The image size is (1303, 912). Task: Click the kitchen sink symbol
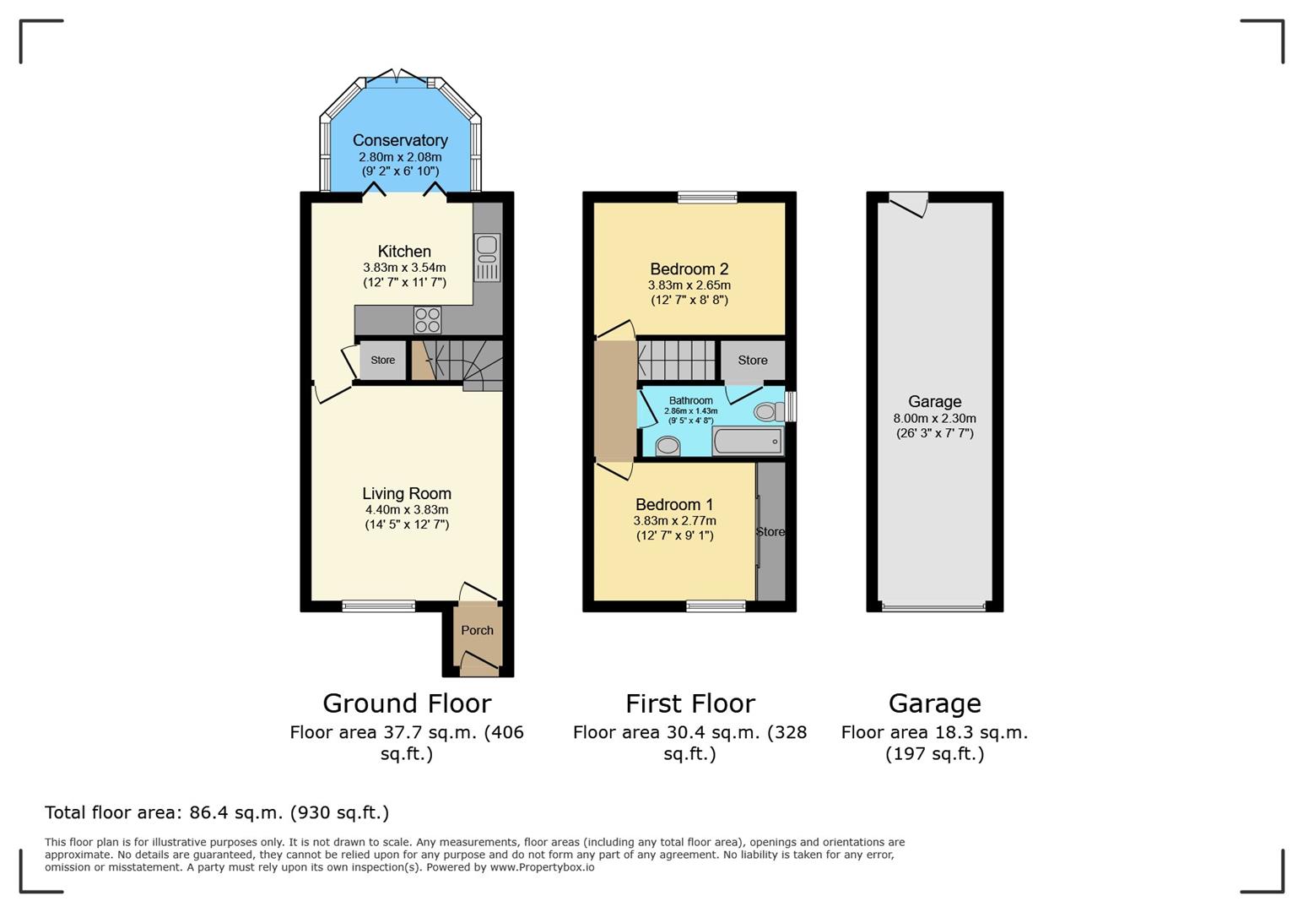click(487, 258)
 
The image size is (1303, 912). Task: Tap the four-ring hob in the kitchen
click(428, 320)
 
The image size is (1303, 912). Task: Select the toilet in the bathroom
click(770, 412)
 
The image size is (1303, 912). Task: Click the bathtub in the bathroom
click(748, 442)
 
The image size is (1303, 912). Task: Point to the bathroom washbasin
click(668, 447)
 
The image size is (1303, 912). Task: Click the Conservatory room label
click(400, 140)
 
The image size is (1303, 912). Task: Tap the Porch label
click(477, 630)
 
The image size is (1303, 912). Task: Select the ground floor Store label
click(383, 361)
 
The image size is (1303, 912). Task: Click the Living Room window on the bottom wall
click(379, 605)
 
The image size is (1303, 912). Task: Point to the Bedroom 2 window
click(708, 198)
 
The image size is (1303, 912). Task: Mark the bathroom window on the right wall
click(791, 406)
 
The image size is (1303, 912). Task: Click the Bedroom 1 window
click(716, 605)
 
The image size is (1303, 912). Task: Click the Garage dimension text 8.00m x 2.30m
click(935, 419)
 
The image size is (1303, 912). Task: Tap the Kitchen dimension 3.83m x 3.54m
click(404, 268)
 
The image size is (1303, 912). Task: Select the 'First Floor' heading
click(689, 703)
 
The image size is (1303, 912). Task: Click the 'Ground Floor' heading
click(407, 703)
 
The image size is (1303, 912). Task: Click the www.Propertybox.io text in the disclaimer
click(542, 867)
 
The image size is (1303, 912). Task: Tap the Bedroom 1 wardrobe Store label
click(770, 532)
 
